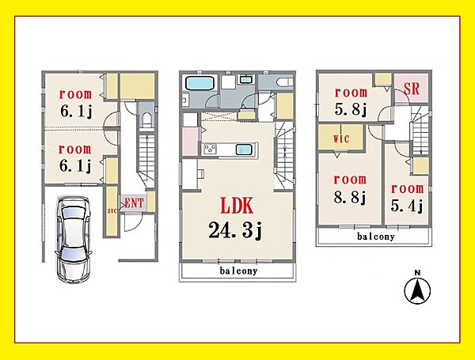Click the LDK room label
pos(237,206)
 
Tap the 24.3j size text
pos(235,230)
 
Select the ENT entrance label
pos(135,203)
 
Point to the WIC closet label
pos(341,138)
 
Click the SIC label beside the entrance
pos(112,211)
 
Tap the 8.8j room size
pos(350,198)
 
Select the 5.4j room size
pos(407,207)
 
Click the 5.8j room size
pos(351,109)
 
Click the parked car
pos(74,239)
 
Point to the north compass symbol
pos(417,290)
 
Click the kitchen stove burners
pos(210,150)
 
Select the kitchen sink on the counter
pos(244,149)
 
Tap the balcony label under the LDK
pos(238,271)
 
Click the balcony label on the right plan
pos(375,236)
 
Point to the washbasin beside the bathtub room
pos(246,80)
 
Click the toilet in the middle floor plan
pos(285,81)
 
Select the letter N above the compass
pos(417,273)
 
